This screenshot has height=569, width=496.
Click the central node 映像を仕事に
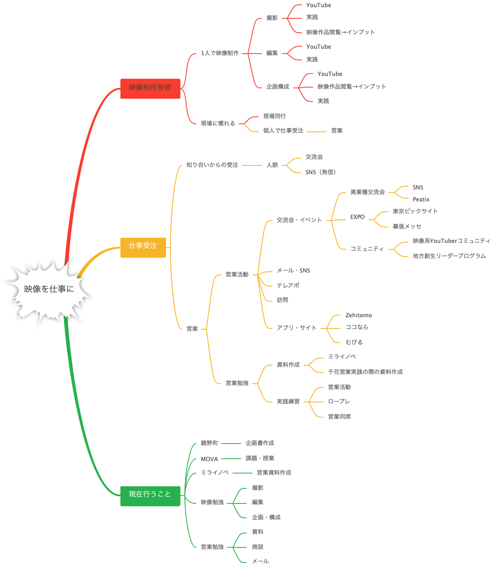click(49, 289)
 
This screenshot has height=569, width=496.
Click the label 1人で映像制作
click(220, 53)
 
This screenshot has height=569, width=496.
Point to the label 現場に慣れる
click(218, 123)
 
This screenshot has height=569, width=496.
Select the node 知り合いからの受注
click(212, 165)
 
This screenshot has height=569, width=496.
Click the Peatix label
click(421, 199)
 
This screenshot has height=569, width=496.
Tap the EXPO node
click(357, 217)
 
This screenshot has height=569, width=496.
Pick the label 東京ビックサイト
click(415, 211)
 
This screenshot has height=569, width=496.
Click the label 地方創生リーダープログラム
click(449, 256)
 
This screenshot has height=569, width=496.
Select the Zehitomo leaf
click(358, 315)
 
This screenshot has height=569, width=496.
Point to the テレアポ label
click(288, 286)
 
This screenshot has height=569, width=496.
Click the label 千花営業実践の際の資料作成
click(365, 372)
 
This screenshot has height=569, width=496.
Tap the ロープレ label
click(339, 402)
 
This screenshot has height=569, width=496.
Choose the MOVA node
click(209, 459)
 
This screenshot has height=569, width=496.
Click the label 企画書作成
click(260, 443)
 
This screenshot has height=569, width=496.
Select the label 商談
click(258, 547)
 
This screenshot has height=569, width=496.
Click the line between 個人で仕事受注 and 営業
click(317, 131)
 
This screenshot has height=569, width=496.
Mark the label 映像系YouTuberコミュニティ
click(451, 241)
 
